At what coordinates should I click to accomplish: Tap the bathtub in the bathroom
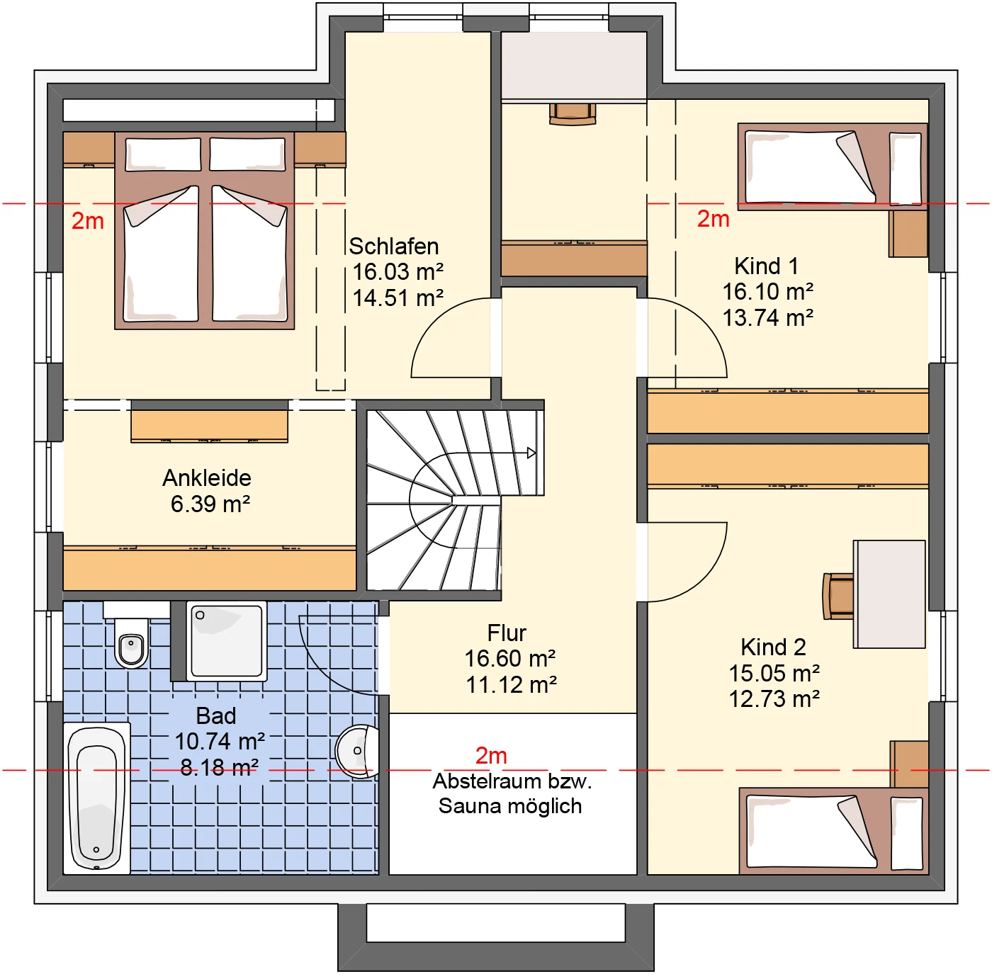point(97,798)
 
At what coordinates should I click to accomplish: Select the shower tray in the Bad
point(227,640)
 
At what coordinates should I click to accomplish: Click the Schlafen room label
point(394,246)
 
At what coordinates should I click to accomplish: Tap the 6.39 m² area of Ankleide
point(210,504)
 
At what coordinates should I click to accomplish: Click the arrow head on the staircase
point(531,453)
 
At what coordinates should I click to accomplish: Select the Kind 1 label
point(766,266)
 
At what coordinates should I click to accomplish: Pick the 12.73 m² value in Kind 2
point(774,698)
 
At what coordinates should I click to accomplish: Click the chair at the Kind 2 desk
point(838,596)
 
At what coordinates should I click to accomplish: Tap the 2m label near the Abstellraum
point(491,755)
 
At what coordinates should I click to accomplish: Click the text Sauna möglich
point(510,805)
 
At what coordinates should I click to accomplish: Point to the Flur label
point(507,633)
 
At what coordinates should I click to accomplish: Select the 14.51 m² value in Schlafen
point(398,298)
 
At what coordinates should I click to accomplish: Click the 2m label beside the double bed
point(88,221)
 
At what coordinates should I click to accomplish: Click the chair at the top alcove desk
point(573,114)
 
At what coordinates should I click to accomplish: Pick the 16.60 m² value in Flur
point(510,658)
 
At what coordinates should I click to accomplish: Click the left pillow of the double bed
point(163,154)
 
